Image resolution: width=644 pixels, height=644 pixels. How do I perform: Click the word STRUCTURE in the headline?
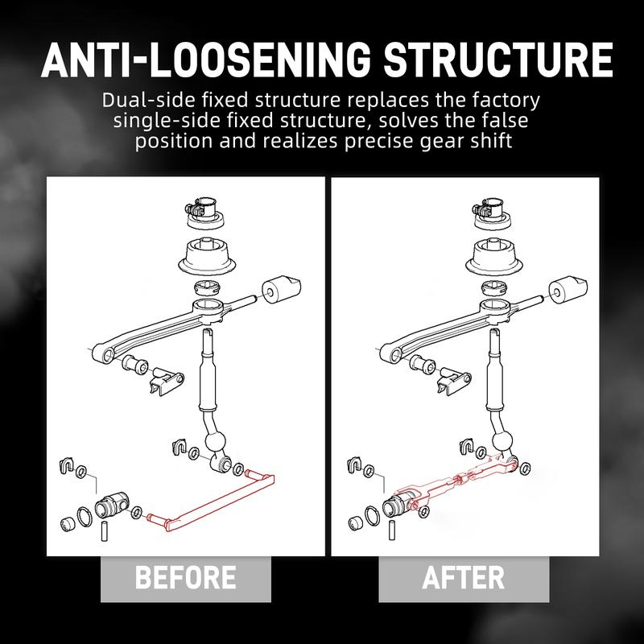497,60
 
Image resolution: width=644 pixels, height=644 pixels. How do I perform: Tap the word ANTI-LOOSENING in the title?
206,60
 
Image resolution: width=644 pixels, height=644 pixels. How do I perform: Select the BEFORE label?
186,577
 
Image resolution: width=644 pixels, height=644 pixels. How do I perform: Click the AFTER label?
464,577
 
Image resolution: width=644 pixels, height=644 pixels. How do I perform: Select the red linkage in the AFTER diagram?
456,481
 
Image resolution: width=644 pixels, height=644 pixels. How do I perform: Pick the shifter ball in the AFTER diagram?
502,442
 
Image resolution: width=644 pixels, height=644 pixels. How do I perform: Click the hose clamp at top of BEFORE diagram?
200,207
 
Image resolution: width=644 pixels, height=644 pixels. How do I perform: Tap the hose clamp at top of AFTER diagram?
488,207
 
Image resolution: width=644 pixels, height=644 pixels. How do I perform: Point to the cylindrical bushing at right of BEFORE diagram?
281,290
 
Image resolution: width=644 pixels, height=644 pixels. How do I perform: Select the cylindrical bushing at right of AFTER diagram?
568,290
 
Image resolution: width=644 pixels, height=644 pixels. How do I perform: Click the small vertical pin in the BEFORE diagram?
105,531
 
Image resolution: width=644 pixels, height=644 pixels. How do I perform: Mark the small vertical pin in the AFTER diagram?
392,530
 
